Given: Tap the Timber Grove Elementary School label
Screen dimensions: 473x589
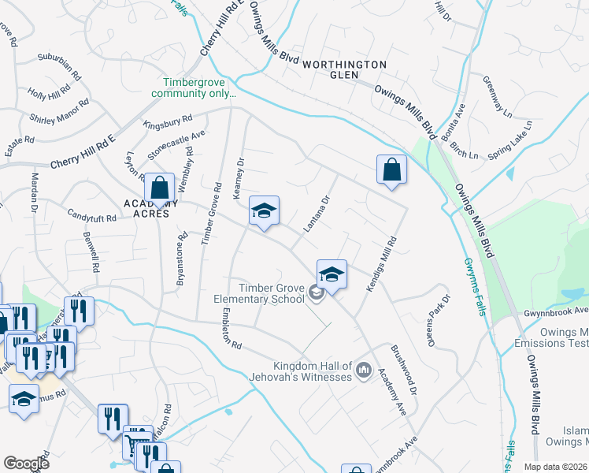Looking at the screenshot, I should click(259, 293).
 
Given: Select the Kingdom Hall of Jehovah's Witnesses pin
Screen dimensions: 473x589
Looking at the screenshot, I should click(363, 370).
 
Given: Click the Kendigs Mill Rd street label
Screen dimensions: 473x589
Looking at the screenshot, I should click(380, 264).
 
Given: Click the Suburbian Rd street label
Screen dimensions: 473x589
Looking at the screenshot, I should click(59, 65).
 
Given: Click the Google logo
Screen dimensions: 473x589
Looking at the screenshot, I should click(26, 463).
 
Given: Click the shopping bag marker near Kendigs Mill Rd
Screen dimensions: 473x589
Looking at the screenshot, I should click(391, 170).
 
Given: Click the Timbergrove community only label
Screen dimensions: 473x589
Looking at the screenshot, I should click(199, 88).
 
